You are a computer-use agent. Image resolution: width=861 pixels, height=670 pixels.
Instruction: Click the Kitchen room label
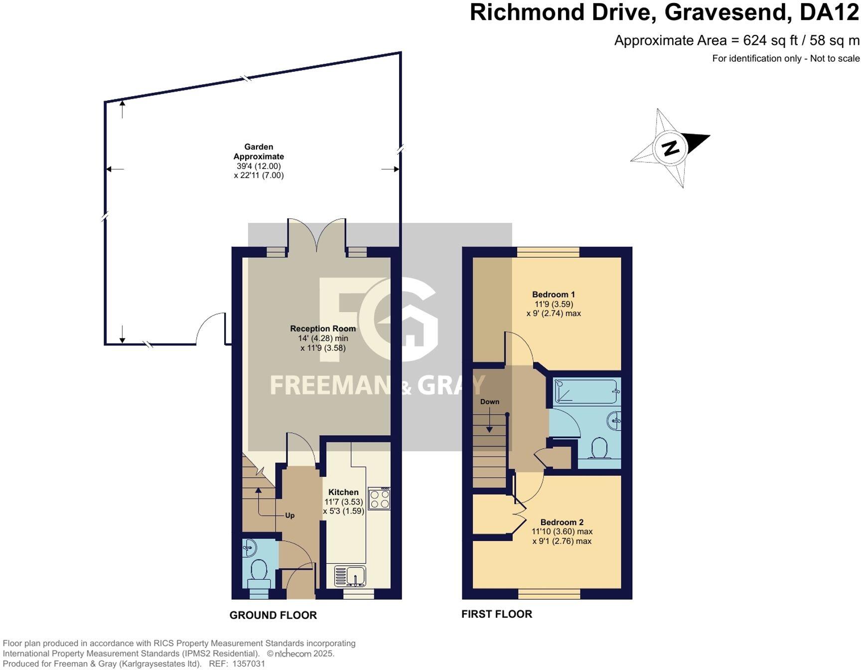[x=343, y=492]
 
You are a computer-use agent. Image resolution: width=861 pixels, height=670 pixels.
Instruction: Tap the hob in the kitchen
[x=379, y=499]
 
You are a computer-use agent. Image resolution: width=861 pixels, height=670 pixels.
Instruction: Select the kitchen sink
[x=350, y=576]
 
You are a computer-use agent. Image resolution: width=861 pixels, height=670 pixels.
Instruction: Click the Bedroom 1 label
[x=553, y=295]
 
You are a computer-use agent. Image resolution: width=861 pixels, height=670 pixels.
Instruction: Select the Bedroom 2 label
[x=562, y=522]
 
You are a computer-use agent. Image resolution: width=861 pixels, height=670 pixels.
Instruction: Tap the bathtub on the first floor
[x=586, y=391]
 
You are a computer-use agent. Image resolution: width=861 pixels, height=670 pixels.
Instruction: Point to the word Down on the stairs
[x=490, y=402]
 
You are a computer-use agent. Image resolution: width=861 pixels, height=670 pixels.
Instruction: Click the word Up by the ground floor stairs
[x=290, y=515]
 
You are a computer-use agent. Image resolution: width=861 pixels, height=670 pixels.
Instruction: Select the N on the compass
[x=671, y=148]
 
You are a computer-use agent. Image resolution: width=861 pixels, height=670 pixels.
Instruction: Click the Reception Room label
[x=323, y=329]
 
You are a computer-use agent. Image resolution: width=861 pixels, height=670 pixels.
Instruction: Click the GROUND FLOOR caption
[x=273, y=615]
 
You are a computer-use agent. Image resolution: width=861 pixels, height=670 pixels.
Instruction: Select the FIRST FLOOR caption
[x=497, y=614]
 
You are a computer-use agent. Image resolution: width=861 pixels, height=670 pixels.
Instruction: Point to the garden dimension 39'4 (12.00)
[x=259, y=166]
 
